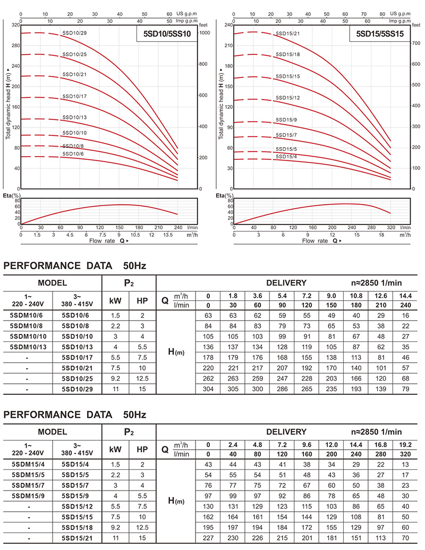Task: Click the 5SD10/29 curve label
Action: pyautogui.click(x=74, y=33)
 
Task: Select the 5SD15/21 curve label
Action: pyautogui.click(x=288, y=33)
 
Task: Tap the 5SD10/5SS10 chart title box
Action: pyautogui.click(x=167, y=33)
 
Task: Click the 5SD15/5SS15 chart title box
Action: pyautogui.click(x=380, y=33)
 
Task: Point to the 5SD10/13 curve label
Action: pyautogui.click(x=74, y=117)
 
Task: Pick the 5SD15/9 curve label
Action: pyautogui.click(x=286, y=120)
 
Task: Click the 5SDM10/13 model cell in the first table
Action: pyautogui.click(x=28, y=347)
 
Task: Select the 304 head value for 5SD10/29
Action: pyautogui.click(x=208, y=389)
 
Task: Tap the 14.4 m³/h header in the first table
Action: pyautogui.click(x=405, y=296)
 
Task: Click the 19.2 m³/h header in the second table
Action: pyautogui.click(x=405, y=445)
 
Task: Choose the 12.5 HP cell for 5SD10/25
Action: pyautogui.click(x=142, y=379)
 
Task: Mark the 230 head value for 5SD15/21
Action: pyautogui.click(x=233, y=538)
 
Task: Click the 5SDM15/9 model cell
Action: pyautogui.click(x=28, y=496)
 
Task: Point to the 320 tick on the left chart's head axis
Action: pyautogui.click(x=15, y=25)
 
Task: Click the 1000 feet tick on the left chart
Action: pyautogui.click(x=205, y=33)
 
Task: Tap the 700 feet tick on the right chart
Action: pyautogui.click(x=416, y=43)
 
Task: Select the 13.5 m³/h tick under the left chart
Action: pyautogui.click(x=168, y=235)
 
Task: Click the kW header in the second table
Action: pyautogui.click(x=115, y=450)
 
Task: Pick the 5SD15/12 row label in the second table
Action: pyautogui.click(x=77, y=506)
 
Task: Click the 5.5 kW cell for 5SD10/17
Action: pyautogui.click(x=115, y=357)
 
